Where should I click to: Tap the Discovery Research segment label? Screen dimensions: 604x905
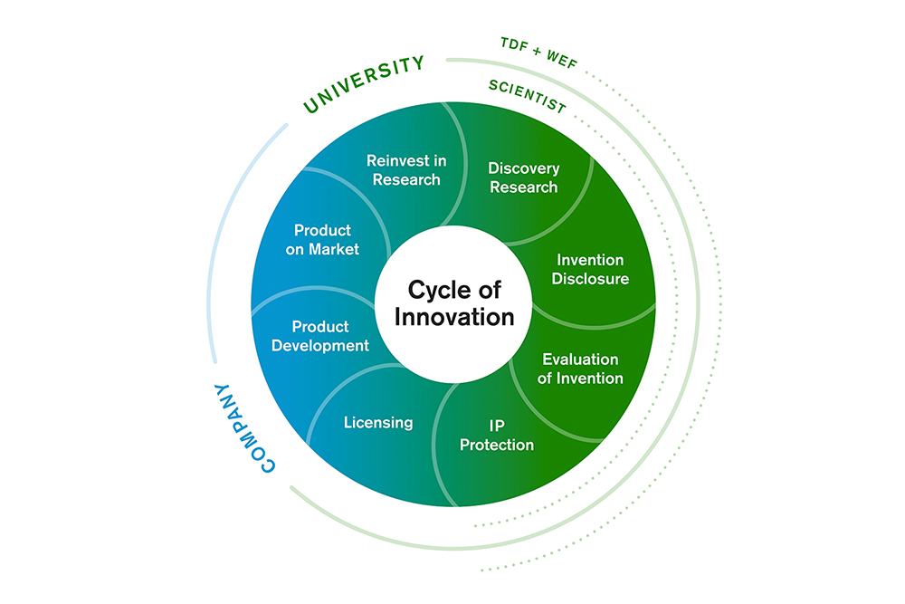click(x=524, y=177)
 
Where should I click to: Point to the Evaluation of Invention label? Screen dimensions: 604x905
click(x=580, y=369)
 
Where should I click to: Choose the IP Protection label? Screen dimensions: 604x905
click(x=497, y=435)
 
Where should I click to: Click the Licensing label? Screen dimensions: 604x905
click(x=378, y=422)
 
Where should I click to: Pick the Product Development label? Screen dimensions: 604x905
click(x=320, y=336)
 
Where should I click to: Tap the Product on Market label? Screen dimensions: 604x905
click(x=322, y=240)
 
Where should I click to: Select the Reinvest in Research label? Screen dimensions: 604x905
click(x=406, y=169)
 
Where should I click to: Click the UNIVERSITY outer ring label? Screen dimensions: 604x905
click(x=363, y=84)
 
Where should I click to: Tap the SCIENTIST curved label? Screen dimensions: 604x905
click(x=527, y=97)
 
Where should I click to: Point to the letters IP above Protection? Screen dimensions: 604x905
click(x=497, y=425)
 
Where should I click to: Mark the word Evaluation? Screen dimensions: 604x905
click(x=580, y=360)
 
